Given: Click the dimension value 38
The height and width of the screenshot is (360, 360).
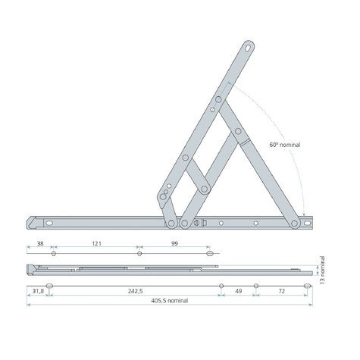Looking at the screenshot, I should coord(39,245).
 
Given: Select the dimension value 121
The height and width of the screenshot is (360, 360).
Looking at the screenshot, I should coord(96,245).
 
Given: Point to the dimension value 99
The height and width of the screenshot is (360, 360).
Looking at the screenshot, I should coord(174,245).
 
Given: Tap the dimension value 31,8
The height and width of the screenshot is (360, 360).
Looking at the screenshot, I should coord(36,290).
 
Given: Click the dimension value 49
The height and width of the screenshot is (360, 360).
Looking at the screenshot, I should coord(238,290).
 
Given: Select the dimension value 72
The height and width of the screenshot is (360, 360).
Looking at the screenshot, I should coord(281,290).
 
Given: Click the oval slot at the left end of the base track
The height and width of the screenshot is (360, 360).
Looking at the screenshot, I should coord(51,224).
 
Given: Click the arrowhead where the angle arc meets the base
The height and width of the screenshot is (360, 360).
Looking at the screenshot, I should coord(302,214).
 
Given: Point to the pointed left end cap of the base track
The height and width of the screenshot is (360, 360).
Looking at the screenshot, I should coord(31,222).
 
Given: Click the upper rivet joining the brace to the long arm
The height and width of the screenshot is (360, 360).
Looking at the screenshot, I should coord(218,100).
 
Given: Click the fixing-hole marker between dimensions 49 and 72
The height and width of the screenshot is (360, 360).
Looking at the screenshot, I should coord(256,286).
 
